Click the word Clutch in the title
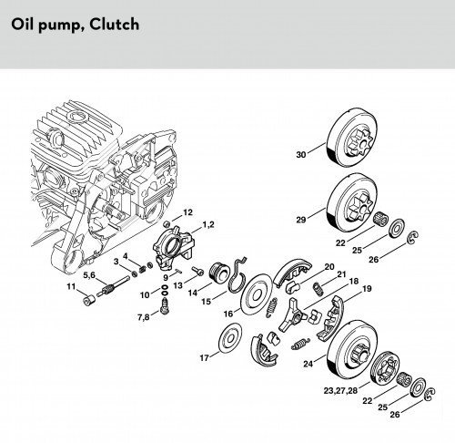pos(115,25)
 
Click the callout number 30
pos(301,155)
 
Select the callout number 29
pos(301,220)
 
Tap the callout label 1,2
pos(208,224)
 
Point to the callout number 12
pos(187,212)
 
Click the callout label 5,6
pos(89,275)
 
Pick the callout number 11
pos(71,286)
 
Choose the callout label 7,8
pos(144,317)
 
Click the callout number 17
pos(204,358)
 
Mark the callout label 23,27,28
pos(340,391)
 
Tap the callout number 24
pos(308,364)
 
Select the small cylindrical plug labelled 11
pos(89,300)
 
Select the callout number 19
pos(367,288)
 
